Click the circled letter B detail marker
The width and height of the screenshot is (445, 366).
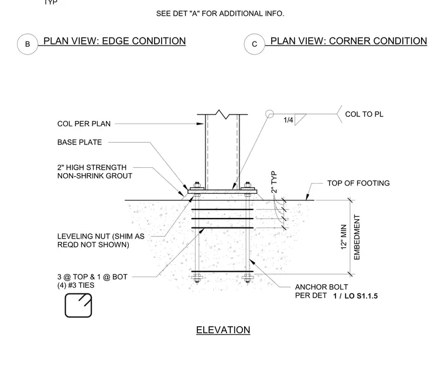[28, 44]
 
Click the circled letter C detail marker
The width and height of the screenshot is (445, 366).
[255, 44]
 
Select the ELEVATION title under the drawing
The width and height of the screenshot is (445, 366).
[223, 330]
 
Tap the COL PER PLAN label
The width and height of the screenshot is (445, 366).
[84, 124]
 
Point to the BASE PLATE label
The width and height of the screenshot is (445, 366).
[80, 142]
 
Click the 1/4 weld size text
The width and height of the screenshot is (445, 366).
[288, 120]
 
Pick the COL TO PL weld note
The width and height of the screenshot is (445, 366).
[364, 114]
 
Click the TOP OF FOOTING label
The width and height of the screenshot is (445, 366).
[358, 183]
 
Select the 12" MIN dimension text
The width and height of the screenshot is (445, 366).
[344, 237]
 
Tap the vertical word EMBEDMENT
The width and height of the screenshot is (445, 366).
[357, 237]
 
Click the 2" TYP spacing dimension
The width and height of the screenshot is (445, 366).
[274, 182]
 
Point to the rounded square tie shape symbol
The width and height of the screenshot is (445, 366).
[78, 305]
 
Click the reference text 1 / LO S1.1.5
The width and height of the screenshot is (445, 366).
[355, 296]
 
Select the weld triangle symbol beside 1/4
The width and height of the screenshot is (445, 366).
[300, 119]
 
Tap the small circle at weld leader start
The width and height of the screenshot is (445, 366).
[269, 114]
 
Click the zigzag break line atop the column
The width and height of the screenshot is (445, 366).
[226, 115]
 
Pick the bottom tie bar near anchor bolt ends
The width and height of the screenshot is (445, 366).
[222, 271]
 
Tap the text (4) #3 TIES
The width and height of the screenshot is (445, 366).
[76, 285]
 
